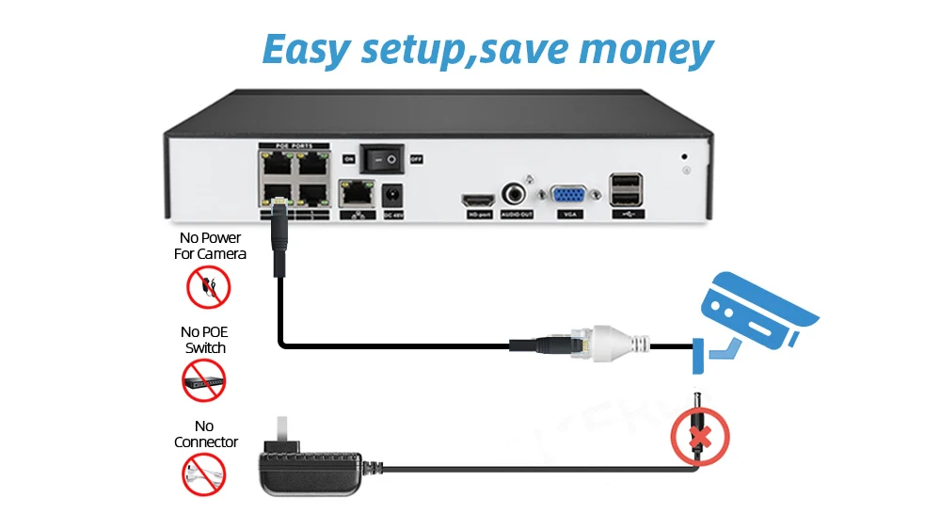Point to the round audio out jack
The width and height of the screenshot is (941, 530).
pos(517,194)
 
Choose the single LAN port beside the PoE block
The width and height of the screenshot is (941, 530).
pos(357,196)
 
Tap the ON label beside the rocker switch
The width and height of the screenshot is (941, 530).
pos(348,160)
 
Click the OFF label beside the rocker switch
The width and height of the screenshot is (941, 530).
pos(416,160)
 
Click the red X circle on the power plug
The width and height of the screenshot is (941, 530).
pos(700,435)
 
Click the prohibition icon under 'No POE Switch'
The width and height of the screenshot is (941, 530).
pos(203,379)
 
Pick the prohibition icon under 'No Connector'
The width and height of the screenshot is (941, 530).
pos(203,474)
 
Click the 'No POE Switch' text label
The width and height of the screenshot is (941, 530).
pos(204,340)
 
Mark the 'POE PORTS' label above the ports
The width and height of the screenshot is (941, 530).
pos(295,147)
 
